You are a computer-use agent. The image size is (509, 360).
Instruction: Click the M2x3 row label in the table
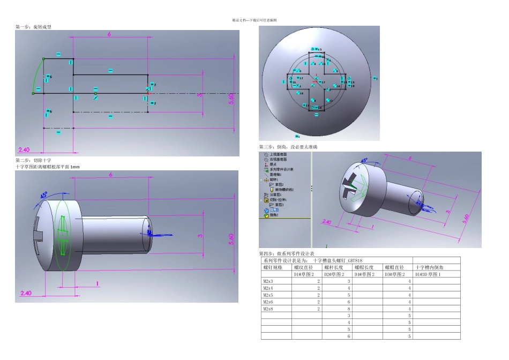point(268,281)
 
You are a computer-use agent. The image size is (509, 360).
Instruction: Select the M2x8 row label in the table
point(268,309)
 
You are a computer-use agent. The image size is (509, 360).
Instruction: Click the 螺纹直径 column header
point(303,267)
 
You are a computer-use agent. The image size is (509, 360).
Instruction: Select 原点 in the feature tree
point(272,164)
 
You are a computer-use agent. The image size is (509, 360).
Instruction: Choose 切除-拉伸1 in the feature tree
point(279,199)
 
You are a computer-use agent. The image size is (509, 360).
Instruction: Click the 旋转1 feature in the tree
point(273,179)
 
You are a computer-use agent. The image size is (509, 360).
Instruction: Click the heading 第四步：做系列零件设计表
point(287,253)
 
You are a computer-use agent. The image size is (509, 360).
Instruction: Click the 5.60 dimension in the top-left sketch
point(231,99)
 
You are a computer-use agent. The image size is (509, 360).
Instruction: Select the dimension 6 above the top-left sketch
point(109,34)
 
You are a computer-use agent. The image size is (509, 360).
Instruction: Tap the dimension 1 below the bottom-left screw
point(97,283)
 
